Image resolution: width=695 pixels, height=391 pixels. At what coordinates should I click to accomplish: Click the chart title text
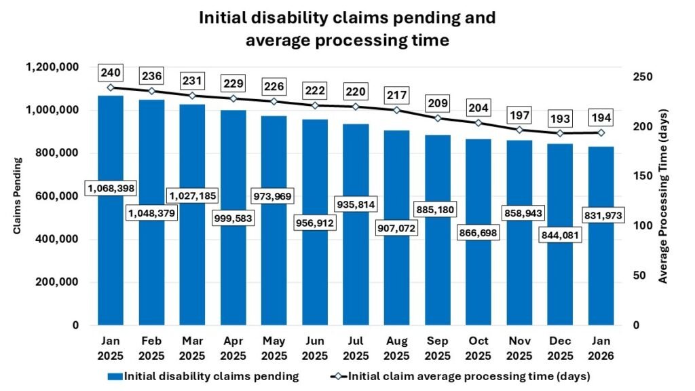point(347,29)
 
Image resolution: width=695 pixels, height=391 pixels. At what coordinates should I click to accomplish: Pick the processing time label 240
point(111,73)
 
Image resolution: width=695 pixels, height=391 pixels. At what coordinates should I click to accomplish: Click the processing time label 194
point(601,117)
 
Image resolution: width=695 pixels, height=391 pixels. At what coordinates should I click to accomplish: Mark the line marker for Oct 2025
point(478,123)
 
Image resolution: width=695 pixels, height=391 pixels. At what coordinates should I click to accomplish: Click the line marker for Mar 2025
point(192,96)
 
